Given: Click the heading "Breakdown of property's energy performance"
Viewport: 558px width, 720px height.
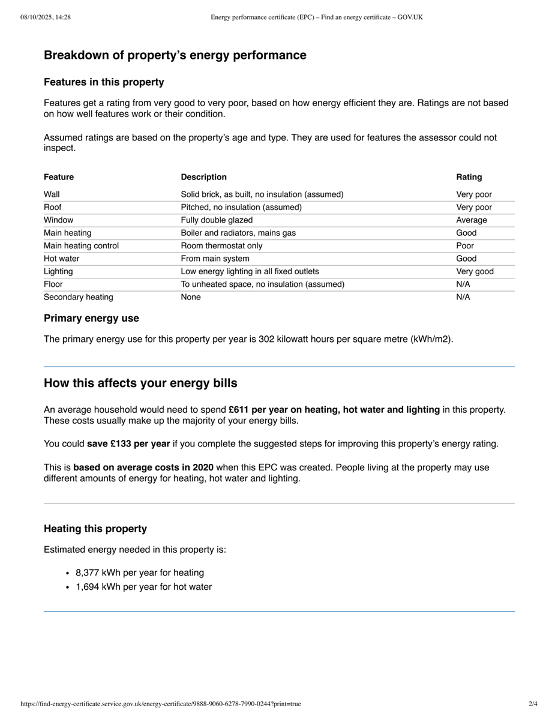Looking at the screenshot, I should pos(175,55).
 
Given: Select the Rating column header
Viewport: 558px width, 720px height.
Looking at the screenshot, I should pos(469,177).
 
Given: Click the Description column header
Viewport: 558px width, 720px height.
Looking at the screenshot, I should pos(203,177).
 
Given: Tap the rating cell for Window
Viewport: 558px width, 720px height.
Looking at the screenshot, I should pos(471,220).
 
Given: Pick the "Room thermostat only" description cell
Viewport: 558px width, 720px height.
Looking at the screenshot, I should pos(221,246).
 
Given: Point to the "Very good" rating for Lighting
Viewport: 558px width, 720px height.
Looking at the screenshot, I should pos(475,272).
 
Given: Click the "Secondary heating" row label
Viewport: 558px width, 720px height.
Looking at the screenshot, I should pos(78,298).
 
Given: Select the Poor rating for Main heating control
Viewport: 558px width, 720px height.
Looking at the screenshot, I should pos(465,246).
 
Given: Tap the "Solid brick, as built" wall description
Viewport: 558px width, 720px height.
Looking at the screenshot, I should pos(262,194).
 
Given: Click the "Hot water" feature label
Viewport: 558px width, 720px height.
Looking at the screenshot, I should pos(61,259).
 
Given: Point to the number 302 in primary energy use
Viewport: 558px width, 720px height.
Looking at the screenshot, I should pos(266,339).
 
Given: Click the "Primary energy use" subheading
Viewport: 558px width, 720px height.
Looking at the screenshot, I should pos(91,319).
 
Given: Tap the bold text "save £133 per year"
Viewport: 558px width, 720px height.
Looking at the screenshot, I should pos(128,445).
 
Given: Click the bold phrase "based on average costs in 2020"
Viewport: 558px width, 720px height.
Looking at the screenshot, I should pos(143,467).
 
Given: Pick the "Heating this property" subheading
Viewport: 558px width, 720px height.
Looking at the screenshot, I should pos(95,529).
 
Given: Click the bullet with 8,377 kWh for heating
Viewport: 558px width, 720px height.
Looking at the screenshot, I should pos(140,573).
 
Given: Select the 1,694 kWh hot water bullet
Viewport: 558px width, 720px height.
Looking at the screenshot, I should pos(143,587).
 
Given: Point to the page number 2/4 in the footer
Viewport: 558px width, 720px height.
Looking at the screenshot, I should pos(533,704).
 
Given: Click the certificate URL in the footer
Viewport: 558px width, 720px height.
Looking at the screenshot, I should pos(160,704).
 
